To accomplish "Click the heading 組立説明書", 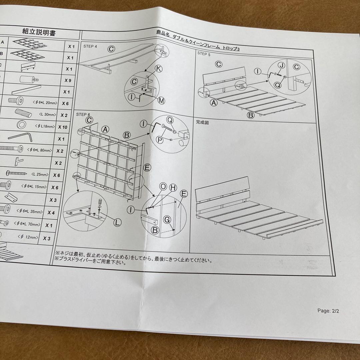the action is point(39,32).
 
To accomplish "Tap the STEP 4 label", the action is point(90,46).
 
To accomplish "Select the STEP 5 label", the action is point(204,54).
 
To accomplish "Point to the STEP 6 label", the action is point(83,114).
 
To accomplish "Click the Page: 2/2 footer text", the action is point(328,311).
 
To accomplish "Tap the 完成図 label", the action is point(202,122).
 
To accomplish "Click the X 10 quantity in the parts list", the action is point(63,127).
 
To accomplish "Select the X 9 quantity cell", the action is point(68,81).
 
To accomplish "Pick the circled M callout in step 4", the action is point(161,101).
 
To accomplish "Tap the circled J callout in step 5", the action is point(281,66).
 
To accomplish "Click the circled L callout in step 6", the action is point(117,222).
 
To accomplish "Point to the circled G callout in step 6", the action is point(167,220).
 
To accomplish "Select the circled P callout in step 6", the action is point(160,140).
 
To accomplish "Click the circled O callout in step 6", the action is point(163,186).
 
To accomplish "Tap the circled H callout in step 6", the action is point(173,188).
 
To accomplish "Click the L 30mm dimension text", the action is point(48,114).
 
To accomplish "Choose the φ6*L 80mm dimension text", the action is point(40,150).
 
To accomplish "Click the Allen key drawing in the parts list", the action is point(21,137).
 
